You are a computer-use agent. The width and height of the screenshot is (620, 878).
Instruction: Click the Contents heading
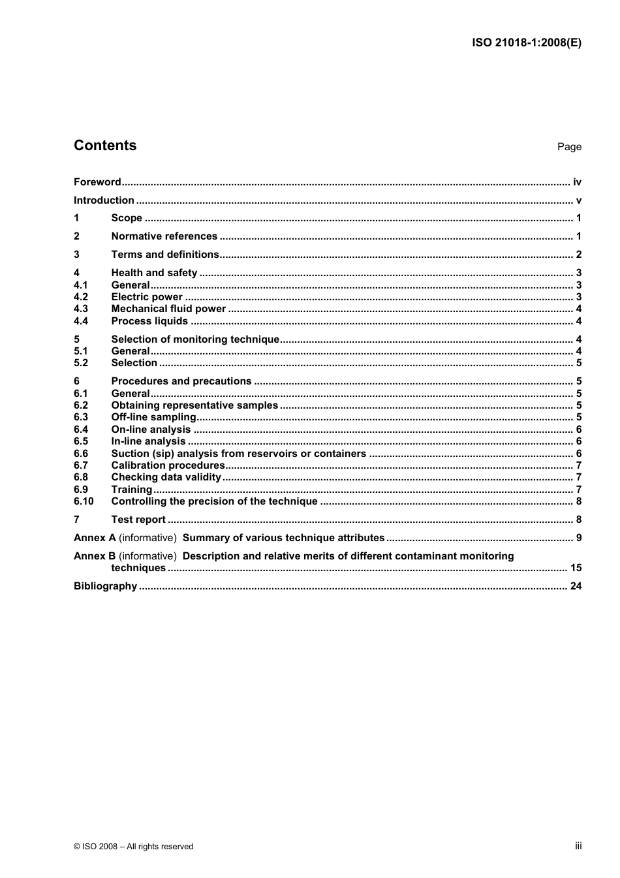(105, 146)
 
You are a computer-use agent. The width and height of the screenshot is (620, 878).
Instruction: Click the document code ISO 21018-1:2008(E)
(526, 43)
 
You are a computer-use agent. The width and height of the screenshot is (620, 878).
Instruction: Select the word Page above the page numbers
(569, 147)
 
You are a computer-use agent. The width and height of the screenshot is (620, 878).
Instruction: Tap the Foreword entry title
(97, 182)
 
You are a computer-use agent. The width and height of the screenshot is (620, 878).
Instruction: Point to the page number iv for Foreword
(577, 182)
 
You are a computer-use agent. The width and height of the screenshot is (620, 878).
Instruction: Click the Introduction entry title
(104, 200)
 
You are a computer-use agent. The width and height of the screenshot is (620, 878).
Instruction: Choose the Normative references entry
(164, 236)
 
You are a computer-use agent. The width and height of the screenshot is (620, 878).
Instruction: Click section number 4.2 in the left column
(81, 297)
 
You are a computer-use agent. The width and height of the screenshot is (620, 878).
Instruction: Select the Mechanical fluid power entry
(168, 309)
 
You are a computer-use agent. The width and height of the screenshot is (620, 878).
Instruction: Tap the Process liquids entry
(149, 321)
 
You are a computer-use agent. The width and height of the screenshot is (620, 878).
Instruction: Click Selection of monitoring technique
(195, 339)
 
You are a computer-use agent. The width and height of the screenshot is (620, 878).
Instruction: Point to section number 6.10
(84, 501)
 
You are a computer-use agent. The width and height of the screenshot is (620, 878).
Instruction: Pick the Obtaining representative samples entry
(194, 405)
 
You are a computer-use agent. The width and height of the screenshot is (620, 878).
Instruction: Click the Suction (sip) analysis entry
(238, 454)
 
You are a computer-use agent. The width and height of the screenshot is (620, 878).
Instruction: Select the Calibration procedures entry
(168, 465)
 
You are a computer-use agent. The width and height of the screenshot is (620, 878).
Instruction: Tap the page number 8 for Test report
(579, 520)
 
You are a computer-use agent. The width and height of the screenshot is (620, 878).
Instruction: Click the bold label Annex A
(95, 538)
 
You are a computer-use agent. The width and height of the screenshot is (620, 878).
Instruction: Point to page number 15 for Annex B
(576, 568)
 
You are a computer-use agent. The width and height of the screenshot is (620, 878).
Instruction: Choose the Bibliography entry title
(105, 586)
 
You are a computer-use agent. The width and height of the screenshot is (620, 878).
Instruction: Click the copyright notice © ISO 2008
(133, 847)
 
